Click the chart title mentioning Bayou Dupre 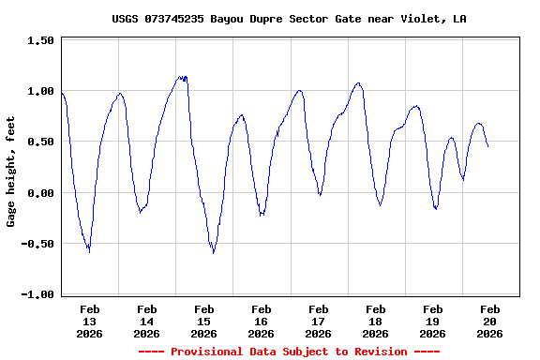point(289,19)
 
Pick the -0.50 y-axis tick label point(38,244)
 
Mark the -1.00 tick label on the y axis point(38,294)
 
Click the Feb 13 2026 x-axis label point(90,321)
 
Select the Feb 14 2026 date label point(147,321)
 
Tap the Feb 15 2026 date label point(204,321)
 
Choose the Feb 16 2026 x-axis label point(262,321)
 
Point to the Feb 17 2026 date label point(319,321)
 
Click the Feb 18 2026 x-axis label point(376,321)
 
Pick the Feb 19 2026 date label point(433,321)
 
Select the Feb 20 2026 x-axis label point(489,321)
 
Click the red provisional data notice point(289,352)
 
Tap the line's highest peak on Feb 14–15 point(181,77)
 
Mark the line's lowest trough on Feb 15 point(214,252)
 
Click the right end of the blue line point(487,146)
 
